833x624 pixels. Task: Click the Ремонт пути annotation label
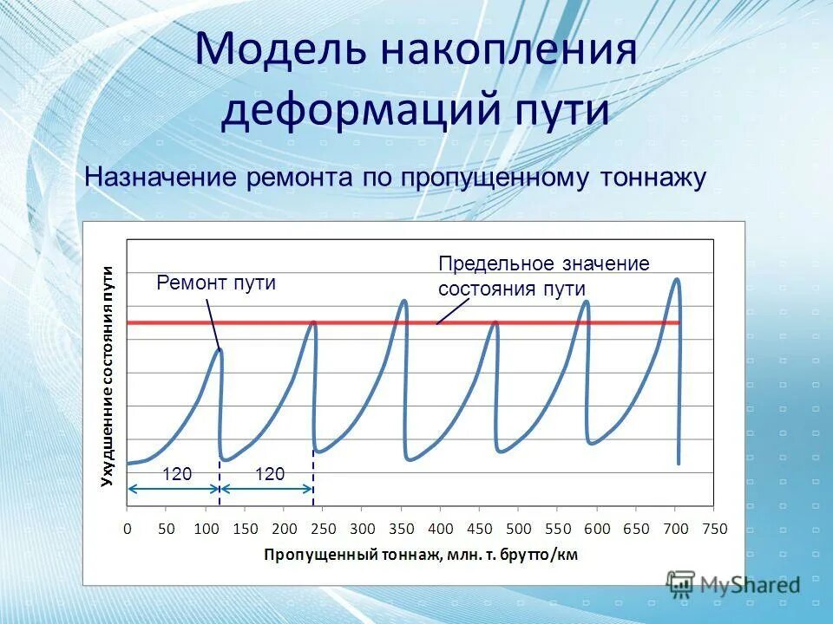pyautogui.click(x=216, y=283)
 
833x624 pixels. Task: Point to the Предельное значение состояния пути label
pyautogui.click(x=543, y=276)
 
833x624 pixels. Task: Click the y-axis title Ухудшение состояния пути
pyautogui.click(x=107, y=375)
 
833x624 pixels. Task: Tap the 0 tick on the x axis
pyautogui.click(x=128, y=528)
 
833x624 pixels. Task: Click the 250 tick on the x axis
pyautogui.click(x=323, y=528)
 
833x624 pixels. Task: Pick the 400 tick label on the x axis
pyautogui.click(x=440, y=528)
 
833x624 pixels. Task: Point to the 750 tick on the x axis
pyautogui.click(x=714, y=528)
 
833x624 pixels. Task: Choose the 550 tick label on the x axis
pyautogui.click(x=558, y=528)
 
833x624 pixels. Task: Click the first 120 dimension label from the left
pyautogui.click(x=177, y=473)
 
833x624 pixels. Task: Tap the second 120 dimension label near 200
pyautogui.click(x=270, y=473)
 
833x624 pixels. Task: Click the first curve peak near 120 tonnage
pyautogui.click(x=220, y=349)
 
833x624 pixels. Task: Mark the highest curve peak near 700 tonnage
pyautogui.click(x=677, y=279)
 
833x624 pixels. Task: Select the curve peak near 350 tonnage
pyautogui.click(x=403, y=301)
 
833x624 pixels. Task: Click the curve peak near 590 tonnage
pyautogui.click(x=587, y=302)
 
